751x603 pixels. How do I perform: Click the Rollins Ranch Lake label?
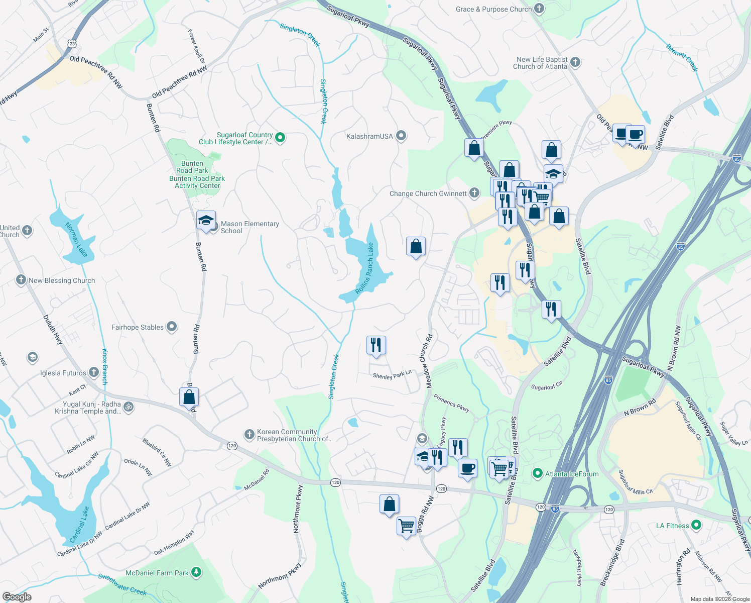tap(365, 268)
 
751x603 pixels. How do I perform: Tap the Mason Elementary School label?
tap(249, 228)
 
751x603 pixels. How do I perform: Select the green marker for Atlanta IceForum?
tap(538, 473)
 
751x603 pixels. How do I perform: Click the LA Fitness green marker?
tap(696, 526)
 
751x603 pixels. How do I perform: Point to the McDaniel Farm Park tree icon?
tap(196, 572)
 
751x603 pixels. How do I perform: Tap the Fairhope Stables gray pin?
tap(172, 327)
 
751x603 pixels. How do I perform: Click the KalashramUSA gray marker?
tap(401, 136)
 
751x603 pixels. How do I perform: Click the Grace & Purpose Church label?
tap(493, 9)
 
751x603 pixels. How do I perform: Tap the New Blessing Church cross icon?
tap(21, 280)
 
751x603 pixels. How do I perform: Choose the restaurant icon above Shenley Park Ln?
tap(376, 345)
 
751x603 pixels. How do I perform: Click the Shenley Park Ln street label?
tap(392, 375)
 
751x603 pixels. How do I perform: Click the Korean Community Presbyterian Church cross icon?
tap(249, 435)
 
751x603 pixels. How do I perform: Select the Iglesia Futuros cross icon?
tap(94, 372)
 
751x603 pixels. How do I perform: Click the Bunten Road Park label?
tap(192, 167)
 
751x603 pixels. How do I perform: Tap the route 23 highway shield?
tap(73, 44)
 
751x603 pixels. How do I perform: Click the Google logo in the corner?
tap(17, 597)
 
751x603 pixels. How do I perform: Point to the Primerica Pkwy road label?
tap(451, 403)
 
